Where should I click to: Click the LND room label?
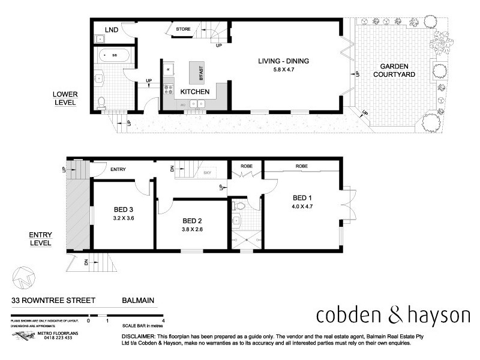click(x=111, y=29)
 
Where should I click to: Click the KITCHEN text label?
click(x=195, y=92)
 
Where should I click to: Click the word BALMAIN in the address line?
click(x=139, y=304)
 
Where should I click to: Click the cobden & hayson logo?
click(x=392, y=314)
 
